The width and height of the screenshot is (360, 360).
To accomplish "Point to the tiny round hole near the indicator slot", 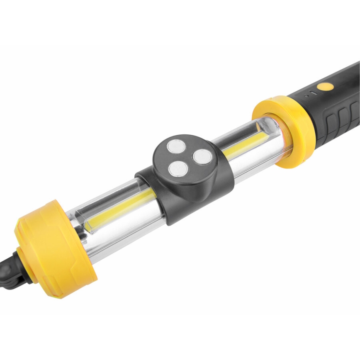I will [x=307, y=96].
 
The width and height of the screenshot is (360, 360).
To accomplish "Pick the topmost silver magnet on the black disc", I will [x=176, y=146].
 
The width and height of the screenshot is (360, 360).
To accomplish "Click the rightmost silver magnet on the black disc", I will [x=202, y=156].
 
